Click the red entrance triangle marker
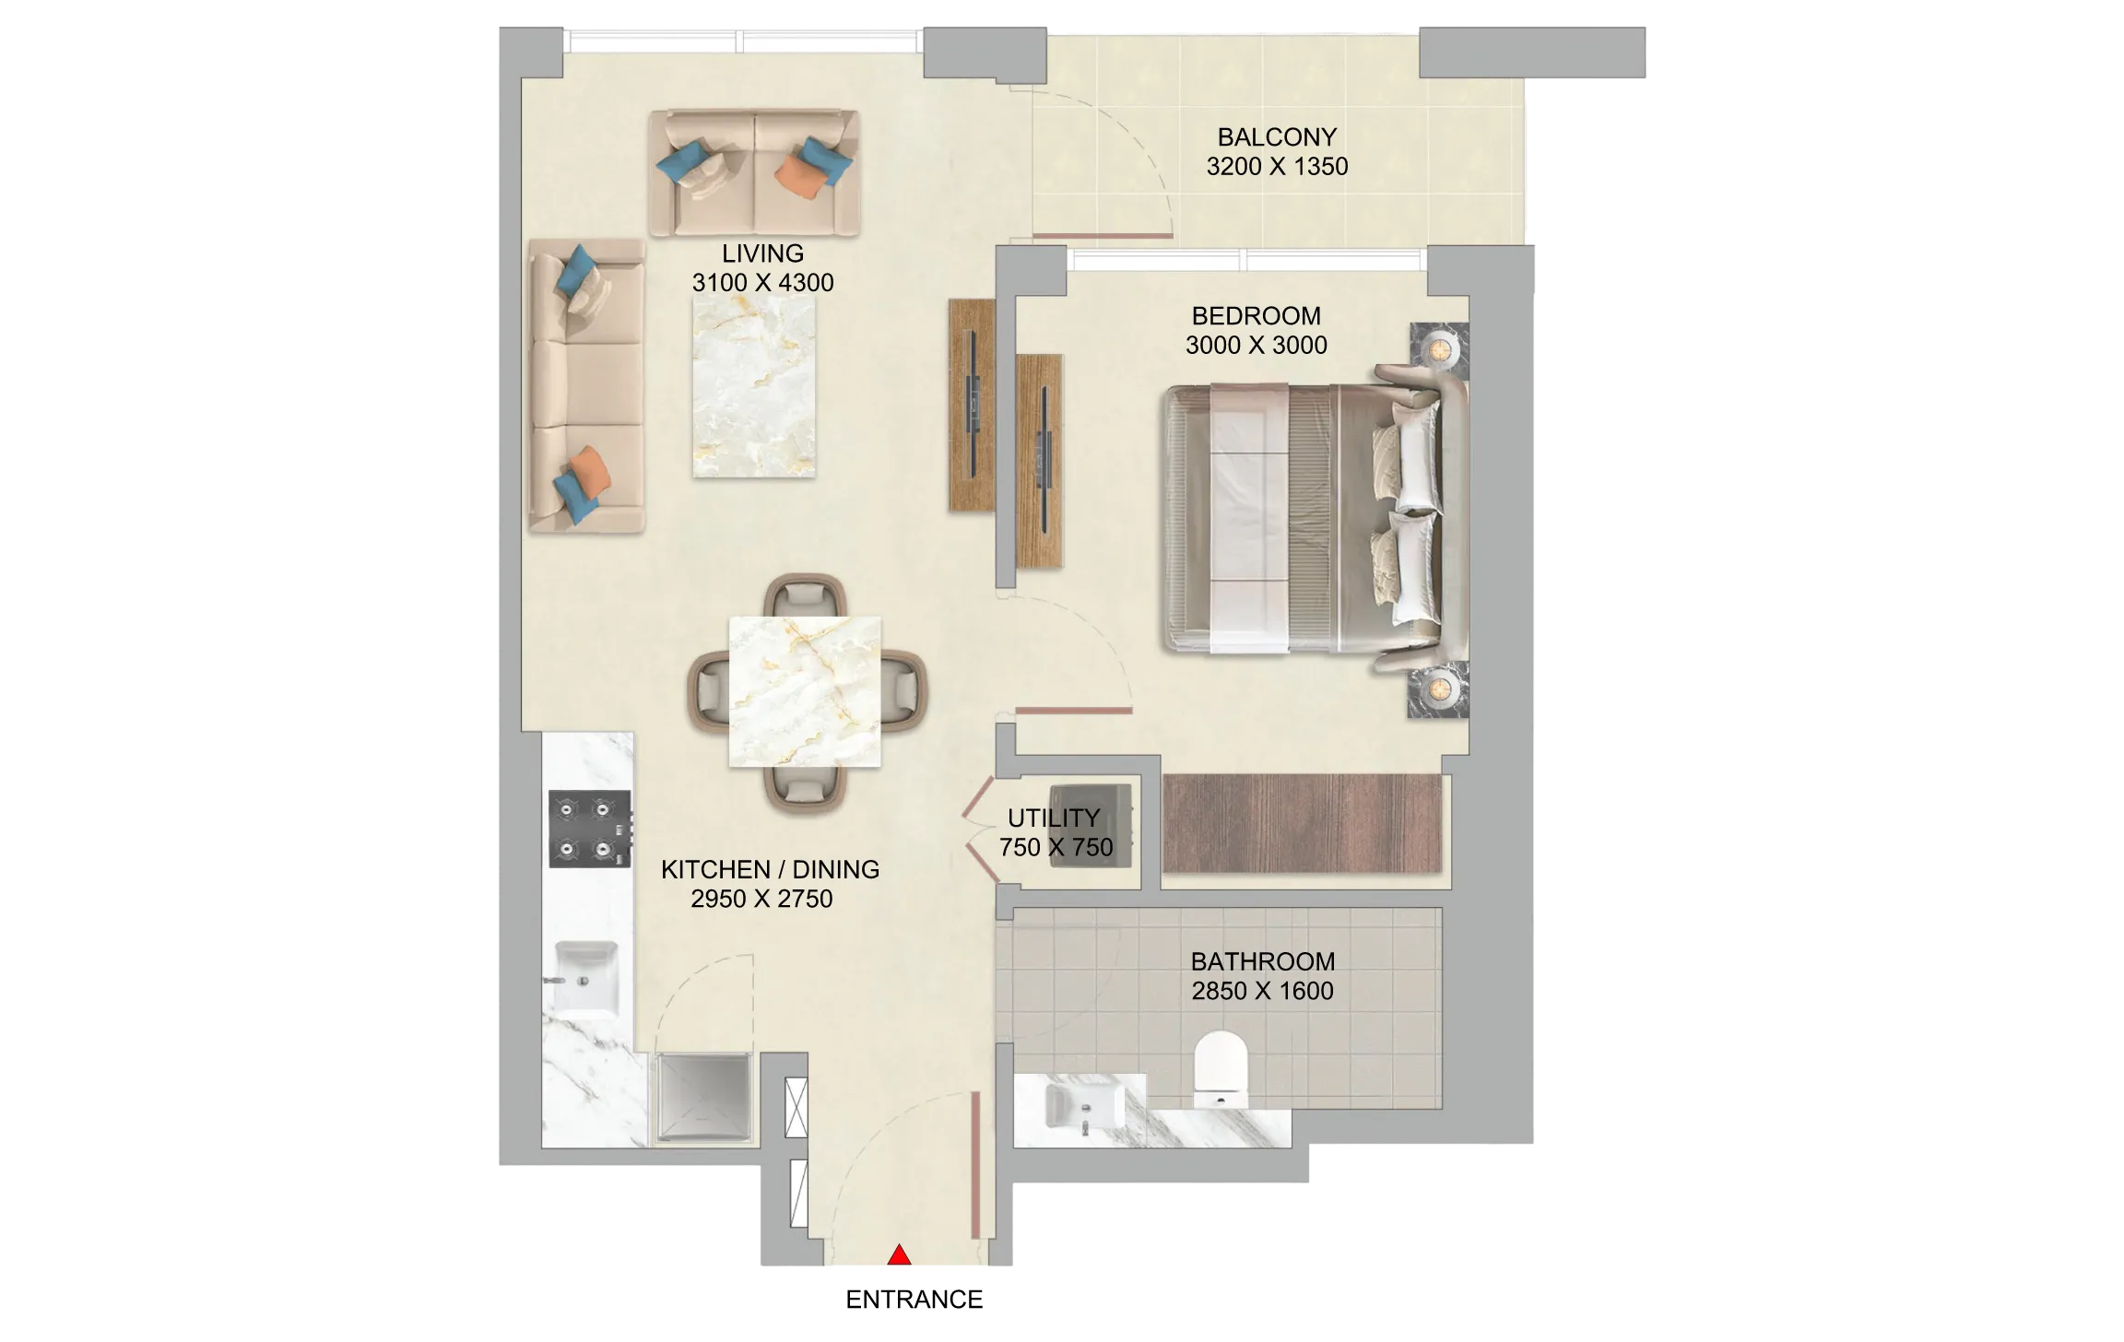tap(899, 1254)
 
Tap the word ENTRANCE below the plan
tap(914, 1300)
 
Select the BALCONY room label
tap(1277, 137)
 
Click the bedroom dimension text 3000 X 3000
tap(1256, 346)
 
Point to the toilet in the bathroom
tap(1221, 1069)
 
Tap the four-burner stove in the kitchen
tap(590, 829)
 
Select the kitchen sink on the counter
tap(584, 977)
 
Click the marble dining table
tap(805, 691)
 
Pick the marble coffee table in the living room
tap(754, 387)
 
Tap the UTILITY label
tap(1053, 818)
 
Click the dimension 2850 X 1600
tap(1262, 991)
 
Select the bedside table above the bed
tap(1439, 349)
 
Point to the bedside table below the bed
tap(1438, 689)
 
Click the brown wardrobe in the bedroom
tap(1302, 823)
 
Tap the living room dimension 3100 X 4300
tap(762, 283)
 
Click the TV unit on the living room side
tap(972, 405)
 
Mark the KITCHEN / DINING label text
tap(770, 869)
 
